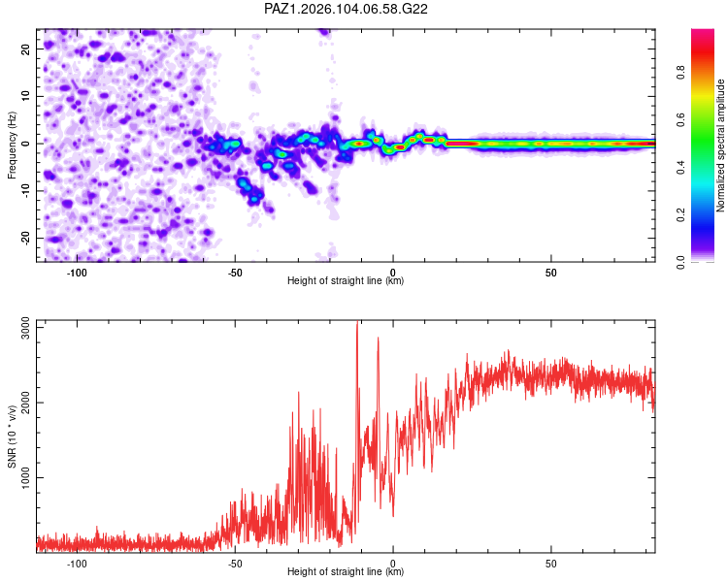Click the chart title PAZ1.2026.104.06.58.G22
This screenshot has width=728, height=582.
point(346,9)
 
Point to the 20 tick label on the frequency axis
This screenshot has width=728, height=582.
point(25,49)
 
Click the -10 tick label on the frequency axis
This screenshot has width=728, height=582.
point(25,191)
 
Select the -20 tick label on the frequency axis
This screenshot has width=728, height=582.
point(25,238)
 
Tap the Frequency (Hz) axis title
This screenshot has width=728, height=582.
point(12,145)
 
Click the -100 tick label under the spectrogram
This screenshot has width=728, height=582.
point(77,273)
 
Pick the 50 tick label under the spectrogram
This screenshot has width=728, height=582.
point(550,273)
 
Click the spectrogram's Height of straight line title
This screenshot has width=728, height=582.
point(346,280)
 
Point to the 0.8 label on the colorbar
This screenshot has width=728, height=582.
point(680,73)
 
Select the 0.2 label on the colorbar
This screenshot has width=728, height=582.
point(680,214)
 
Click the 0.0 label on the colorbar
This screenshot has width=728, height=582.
point(680,262)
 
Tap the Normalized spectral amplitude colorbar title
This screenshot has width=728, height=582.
point(720,145)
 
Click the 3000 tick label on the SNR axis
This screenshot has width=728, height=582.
point(25,328)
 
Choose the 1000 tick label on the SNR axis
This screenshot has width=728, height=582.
point(25,477)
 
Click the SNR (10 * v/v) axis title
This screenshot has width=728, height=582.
point(12,436)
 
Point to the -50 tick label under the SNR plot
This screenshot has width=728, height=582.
point(235,564)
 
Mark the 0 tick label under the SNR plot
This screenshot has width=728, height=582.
point(393,564)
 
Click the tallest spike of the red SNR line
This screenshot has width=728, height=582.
point(357,322)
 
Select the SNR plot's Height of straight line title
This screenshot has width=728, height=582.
point(346,571)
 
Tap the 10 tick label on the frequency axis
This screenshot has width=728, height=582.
point(25,97)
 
